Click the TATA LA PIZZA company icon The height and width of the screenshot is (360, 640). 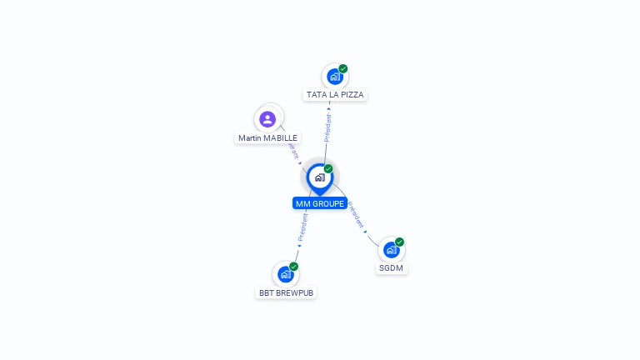pos(334,77)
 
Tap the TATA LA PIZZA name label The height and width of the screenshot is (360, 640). pos(335,95)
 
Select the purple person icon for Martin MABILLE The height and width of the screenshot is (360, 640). pos(267,119)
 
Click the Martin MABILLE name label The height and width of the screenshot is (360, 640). pos(267,138)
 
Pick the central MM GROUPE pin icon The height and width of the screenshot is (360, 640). pos(319,177)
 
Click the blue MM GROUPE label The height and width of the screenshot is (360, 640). pos(320,203)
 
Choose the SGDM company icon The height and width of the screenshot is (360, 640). pos(391,249)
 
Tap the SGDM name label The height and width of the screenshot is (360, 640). pos(392,268)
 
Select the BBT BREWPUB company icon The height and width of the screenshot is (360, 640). pos(286,274)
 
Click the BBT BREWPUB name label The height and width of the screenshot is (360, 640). pos(287,293)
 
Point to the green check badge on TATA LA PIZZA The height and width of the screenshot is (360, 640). pos(343,69)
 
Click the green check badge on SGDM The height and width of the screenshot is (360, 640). pos(400,242)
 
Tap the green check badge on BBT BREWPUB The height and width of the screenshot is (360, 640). pos(294,267)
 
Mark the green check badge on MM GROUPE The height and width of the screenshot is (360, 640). pos(328,169)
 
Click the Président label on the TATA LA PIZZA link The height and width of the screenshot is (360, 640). pos(327,128)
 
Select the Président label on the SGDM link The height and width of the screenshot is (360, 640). pos(356,214)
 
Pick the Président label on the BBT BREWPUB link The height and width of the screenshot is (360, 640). pos(303,227)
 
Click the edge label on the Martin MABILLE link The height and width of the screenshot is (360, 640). pos(292,150)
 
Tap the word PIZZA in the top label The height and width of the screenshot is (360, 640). pos(352,95)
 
